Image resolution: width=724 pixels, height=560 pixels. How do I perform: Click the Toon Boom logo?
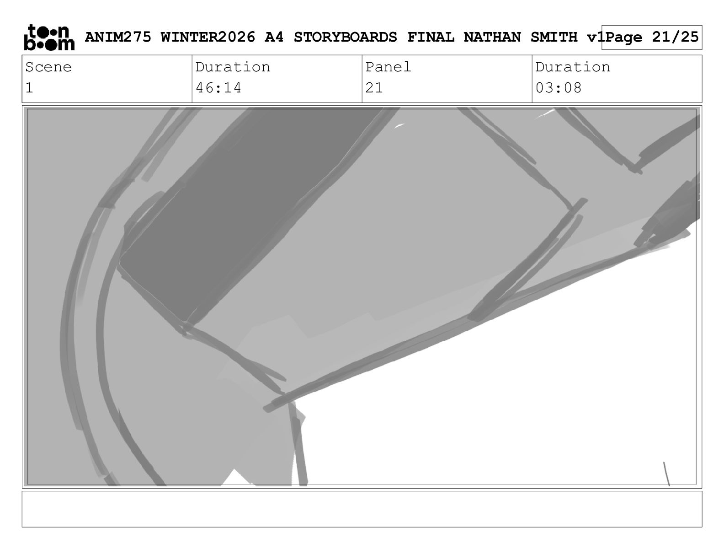pyautogui.click(x=49, y=38)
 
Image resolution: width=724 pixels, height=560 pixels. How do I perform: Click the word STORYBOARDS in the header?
pyautogui.click(x=345, y=37)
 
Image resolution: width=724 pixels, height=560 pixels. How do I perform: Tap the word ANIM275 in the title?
pyautogui.click(x=118, y=37)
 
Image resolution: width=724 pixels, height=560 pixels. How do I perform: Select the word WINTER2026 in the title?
pyautogui.click(x=208, y=37)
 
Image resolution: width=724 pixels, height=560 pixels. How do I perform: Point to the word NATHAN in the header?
pyautogui.click(x=492, y=37)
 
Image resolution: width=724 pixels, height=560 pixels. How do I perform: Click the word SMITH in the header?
pyautogui.click(x=554, y=37)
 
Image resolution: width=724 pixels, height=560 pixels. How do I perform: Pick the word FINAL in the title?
pyautogui.click(x=431, y=37)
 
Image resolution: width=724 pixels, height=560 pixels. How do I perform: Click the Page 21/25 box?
pyautogui.click(x=652, y=38)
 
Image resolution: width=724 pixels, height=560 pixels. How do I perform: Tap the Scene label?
pyautogui.click(x=48, y=67)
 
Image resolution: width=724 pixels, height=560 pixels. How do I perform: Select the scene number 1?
pyautogui.click(x=29, y=88)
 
